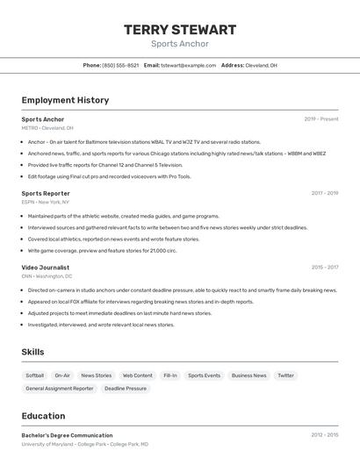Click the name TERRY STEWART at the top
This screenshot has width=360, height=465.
(180, 30)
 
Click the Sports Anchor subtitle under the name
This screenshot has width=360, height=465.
(180, 43)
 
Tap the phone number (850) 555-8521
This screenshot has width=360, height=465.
(120, 65)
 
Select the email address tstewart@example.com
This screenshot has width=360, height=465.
(188, 65)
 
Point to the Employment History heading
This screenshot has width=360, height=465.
(65, 100)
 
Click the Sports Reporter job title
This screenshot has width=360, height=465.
(46, 193)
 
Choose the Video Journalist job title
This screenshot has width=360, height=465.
(47, 267)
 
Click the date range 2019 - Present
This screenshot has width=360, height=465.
(321, 119)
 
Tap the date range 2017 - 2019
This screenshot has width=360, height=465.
(324, 193)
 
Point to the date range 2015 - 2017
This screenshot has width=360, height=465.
(324, 267)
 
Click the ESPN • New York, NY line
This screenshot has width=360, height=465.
(47, 202)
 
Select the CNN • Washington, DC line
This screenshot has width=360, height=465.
(47, 275)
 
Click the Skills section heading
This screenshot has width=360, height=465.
(33, 352)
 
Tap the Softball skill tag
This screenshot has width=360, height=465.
(35, 376)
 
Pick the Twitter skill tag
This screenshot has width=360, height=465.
(285, 376)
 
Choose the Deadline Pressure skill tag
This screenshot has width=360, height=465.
(126, 388)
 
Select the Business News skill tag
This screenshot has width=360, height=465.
(248, 376)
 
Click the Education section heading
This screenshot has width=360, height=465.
(43, 416)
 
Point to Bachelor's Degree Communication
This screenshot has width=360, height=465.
(67, 435)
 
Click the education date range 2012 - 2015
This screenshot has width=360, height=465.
(324, 435)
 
